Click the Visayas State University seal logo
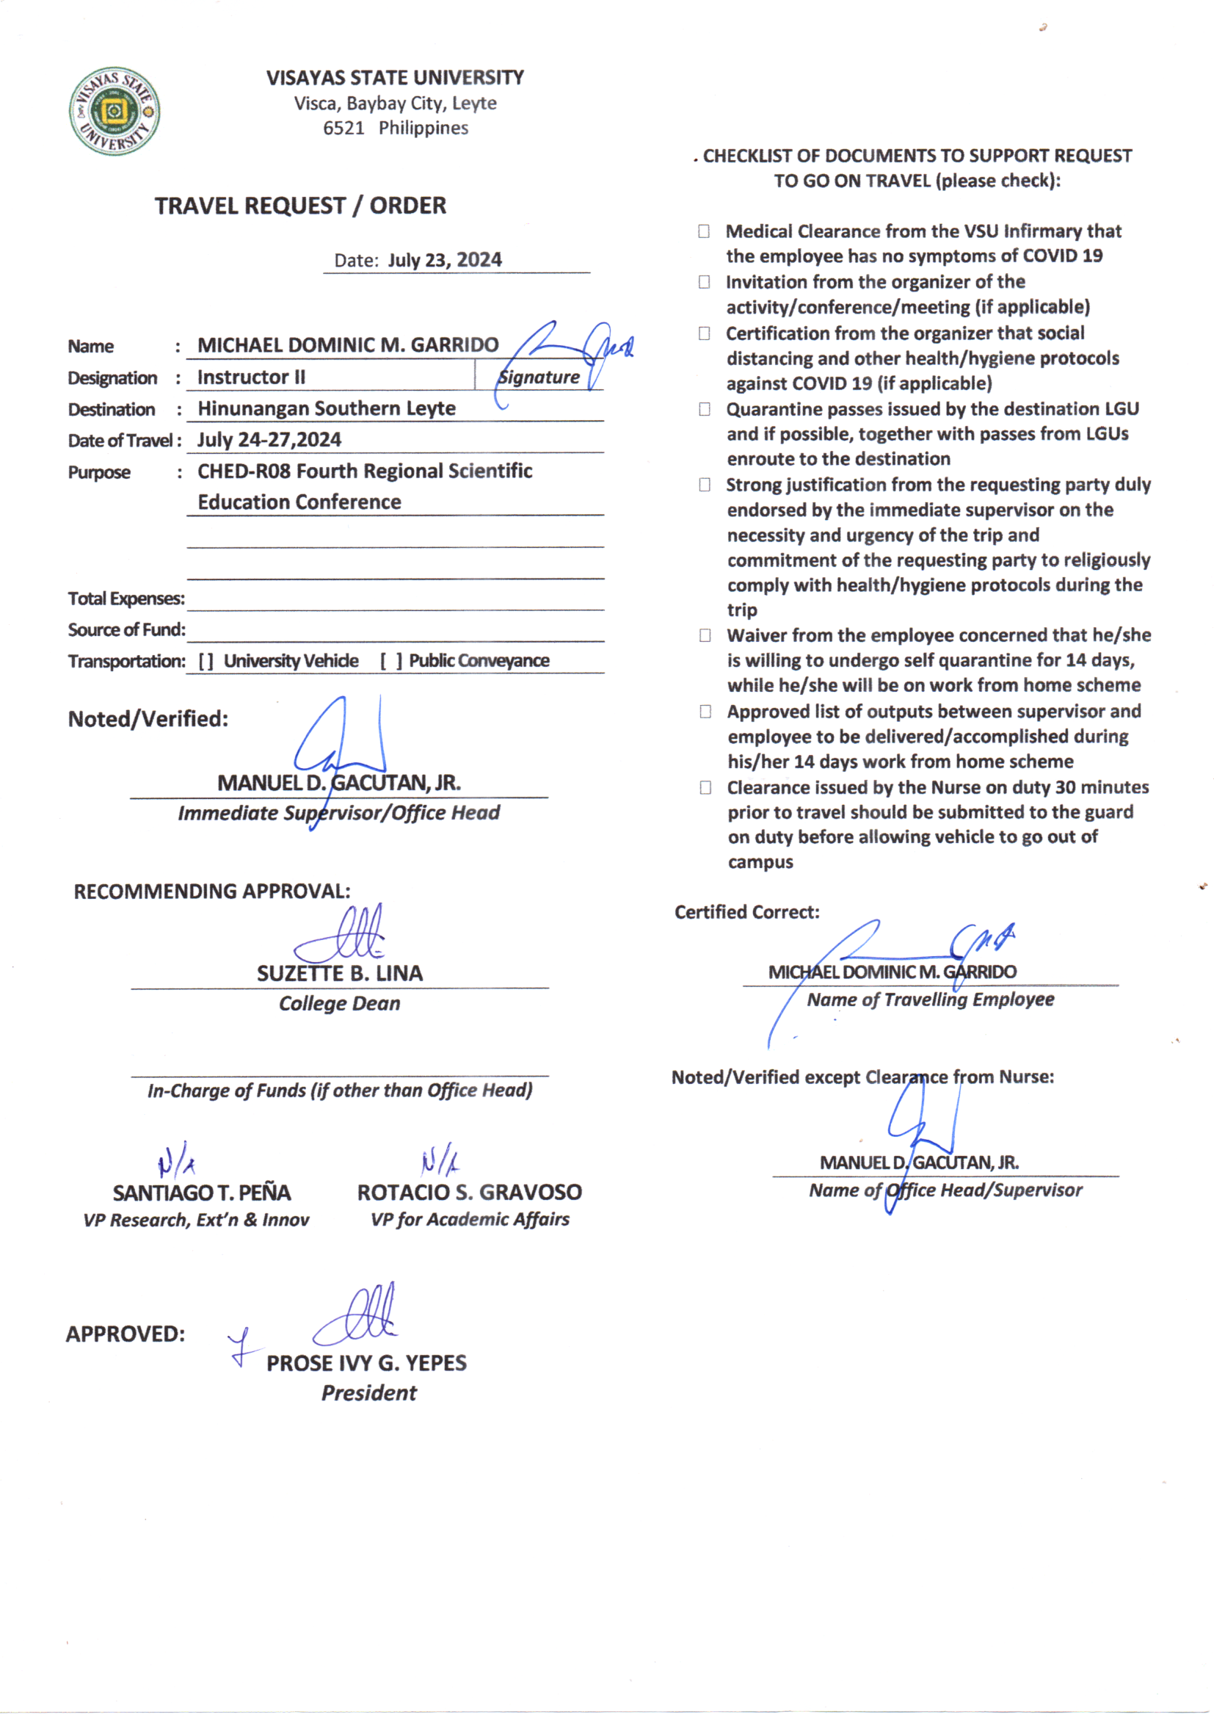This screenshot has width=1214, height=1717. pos(114,112)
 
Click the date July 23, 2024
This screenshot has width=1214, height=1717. pos(444,260)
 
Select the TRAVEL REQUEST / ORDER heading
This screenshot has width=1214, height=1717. pos(299,206)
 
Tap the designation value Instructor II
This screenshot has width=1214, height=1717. pos(251,377)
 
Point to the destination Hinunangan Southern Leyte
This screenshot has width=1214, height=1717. pos(326,408)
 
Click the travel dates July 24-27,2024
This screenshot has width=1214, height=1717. pos(269,440)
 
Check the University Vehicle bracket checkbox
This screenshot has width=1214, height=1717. pos(206,661)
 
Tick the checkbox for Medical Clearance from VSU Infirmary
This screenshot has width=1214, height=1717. pos(704,231)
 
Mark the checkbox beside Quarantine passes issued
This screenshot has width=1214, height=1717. pos(704,409)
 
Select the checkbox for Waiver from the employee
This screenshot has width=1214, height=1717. pos(705,636)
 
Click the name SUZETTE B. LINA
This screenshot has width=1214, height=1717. pos(339,973)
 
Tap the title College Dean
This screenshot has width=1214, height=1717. pos(339,1004)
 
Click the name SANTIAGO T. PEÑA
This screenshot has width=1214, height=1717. pos(202,1192)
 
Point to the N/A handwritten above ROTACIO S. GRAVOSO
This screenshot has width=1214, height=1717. pos(440,1160)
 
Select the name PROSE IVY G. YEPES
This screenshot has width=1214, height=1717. pos(366,1362)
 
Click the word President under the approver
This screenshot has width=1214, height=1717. pos(368,1392)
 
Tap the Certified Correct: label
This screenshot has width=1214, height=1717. pos(746,912)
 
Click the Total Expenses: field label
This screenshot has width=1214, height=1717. pos(126,599)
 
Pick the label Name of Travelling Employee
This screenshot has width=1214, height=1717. pos(930,1000)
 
